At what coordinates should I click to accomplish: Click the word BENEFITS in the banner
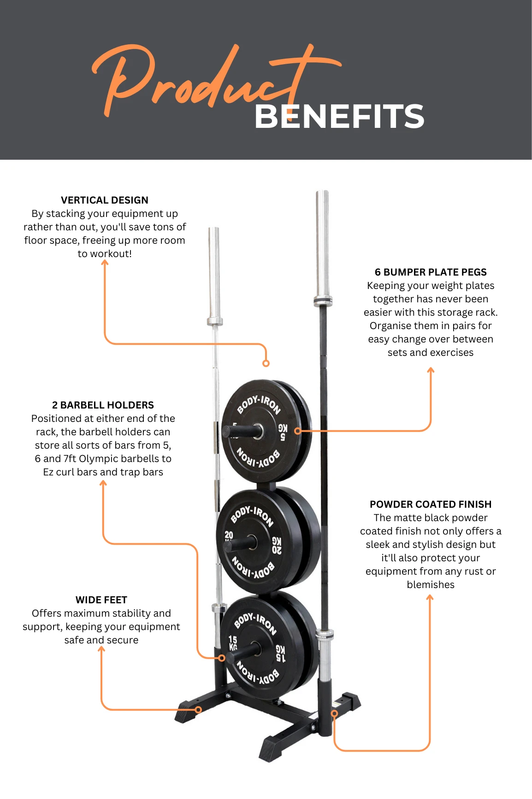pyautogui.click(x=339, y=116)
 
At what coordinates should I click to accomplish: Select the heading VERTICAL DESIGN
pyautogui.click(x=105, y=200)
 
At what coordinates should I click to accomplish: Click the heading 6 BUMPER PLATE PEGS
pyautogui.click(x=431, y=272)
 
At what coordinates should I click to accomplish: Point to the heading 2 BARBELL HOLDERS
pyautogui.click(x=103, y=405)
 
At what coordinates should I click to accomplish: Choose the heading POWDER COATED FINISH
pyautogui.click(x=431, y=505)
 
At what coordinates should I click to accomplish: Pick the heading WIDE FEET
pyautogui.click(x=101, y=600)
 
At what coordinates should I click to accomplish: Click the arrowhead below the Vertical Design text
pyautogui.click(x=105, y=262)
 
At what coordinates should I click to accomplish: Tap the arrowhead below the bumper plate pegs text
pyautogui.click(x=431, y=370)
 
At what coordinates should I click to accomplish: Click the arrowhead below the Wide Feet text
pyautogui.click(x=101, y=649)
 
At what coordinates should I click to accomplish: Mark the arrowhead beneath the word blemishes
pyautogui.click(x=430, y=597)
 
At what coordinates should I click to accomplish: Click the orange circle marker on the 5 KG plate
pyautogui.click(x=298, y=431)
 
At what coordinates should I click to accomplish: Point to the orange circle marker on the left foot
pyautogui.click(x=198, y=709)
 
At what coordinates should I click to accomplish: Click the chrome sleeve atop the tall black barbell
pyautogui.click(x=322, y=245)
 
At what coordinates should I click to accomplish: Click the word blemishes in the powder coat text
pyautogui.click(x=431, y=585)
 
